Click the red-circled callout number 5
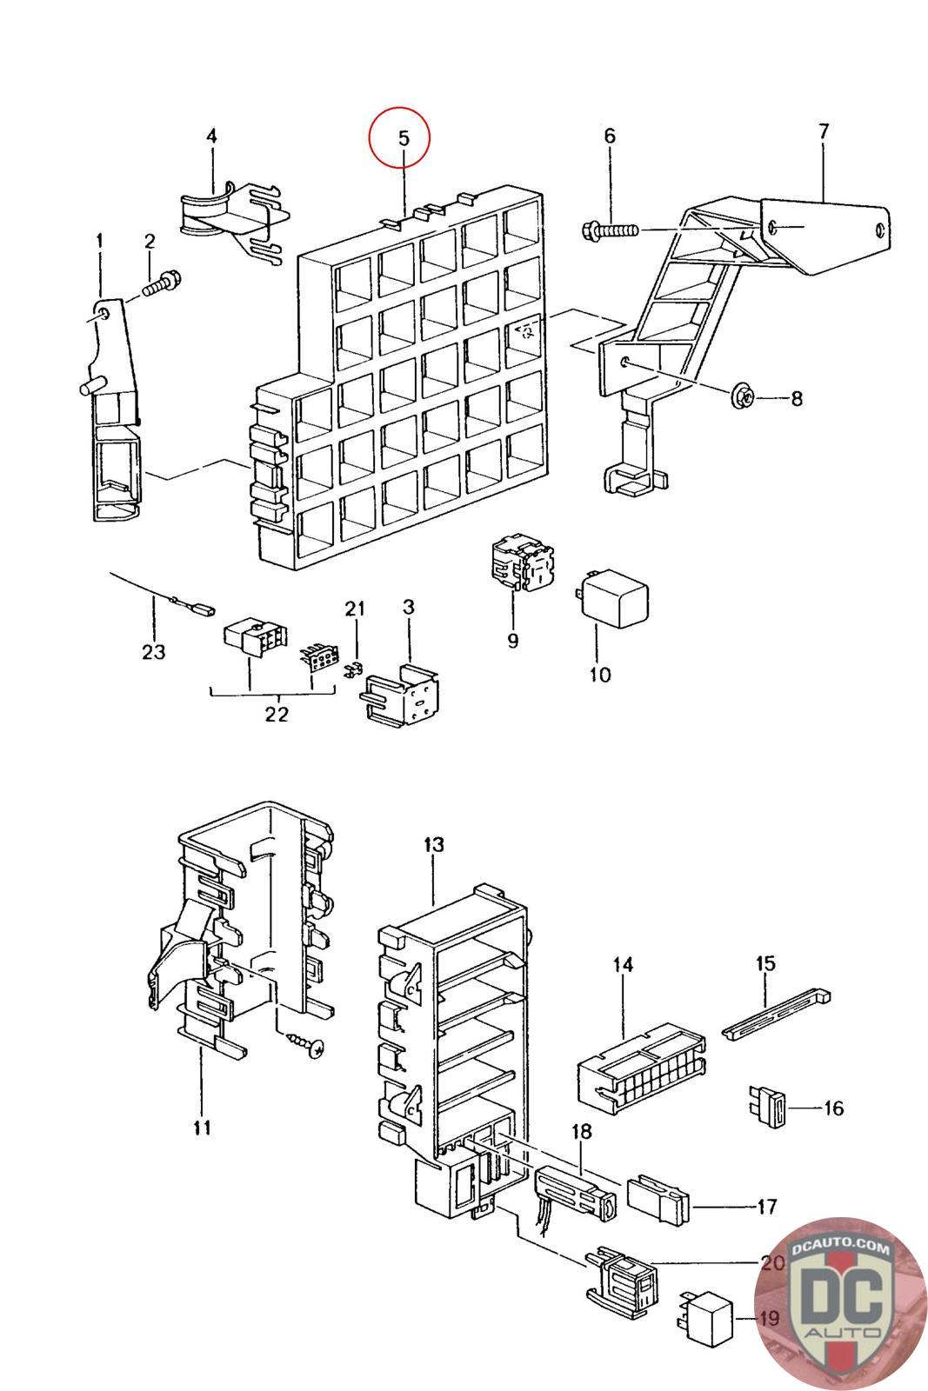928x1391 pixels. pyautogui.click(x=399, y=137)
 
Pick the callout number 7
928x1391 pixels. pyautogui.click(x=823, y=131)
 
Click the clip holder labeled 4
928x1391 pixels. pyautogui.click(x=232, y=221)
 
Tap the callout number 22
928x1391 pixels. pyautogui.click(x=276, y=714)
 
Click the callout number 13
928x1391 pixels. pyautogui.click(x=433, y=844)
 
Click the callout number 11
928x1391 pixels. pyautogui.click(x=202, y=1128)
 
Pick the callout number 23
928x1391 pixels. pyautogui.click(x=153, y=650)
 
